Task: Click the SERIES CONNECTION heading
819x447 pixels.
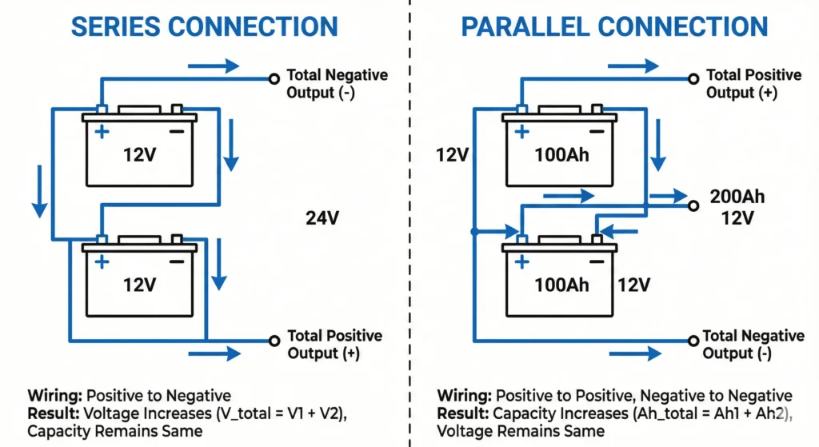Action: pyautogui.click(x=204, y=26)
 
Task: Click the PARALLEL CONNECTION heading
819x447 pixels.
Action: pyautogui.click(x=614, y=26)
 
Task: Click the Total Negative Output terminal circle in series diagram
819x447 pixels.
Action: pyautogui.click(x=273, y=78)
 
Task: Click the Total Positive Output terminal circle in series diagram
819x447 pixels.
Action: pyautogui.click(x=273, y=339)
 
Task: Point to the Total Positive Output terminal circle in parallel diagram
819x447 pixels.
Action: pyautogui.click(x=693, y=78)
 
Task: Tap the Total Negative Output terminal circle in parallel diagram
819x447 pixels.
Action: pyautogui.click(x=693, y=339)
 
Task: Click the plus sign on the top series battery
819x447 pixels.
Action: pyautogui.click(x=101, y=131)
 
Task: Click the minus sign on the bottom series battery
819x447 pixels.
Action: pyautogui.click(x=177, y=261)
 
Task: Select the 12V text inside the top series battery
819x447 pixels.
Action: pyautogui.click(x=140, y=155)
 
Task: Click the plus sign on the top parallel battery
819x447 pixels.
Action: pyautogui.click(x=521, y=131)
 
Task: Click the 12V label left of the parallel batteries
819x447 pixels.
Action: pyautogui.click(x=452, y=154)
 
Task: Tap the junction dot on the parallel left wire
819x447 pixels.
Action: pyautogui.click(x=474, y=231)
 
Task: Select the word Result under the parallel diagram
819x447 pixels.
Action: pyautogui.click(x=463, y=413)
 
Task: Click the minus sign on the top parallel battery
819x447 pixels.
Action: pyautogui.click(x=597, y=131)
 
